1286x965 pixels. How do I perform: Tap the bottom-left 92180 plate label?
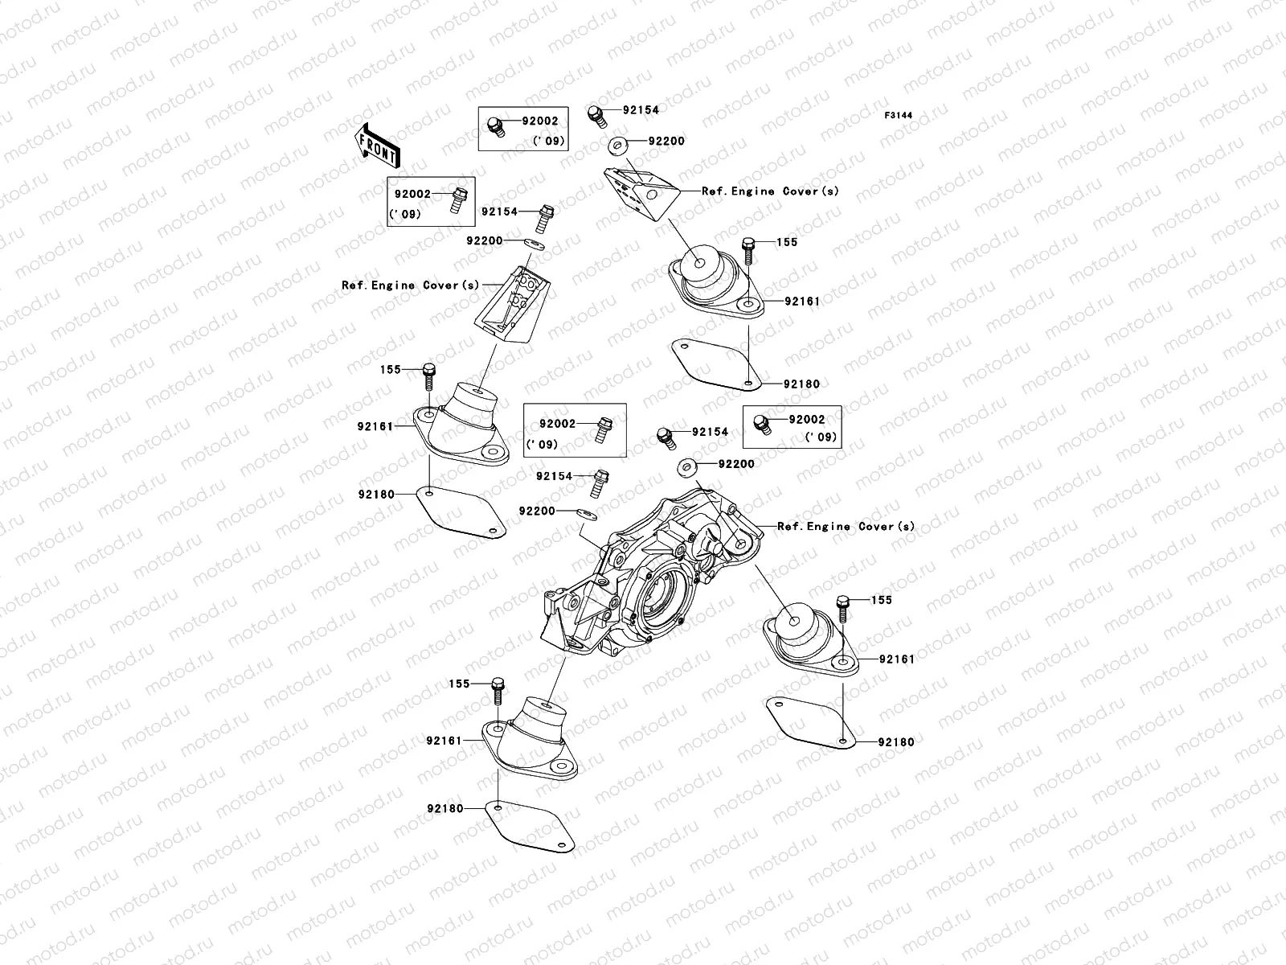coord(444,808)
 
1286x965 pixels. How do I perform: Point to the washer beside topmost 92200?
coord(641,145)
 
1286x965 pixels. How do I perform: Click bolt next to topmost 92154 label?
coord(596,115)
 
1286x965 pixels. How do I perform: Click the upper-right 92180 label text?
coord(801,384)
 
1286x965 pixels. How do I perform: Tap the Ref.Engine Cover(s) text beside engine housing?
coord(846,526)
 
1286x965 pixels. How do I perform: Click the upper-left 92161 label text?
coord(375,426)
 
